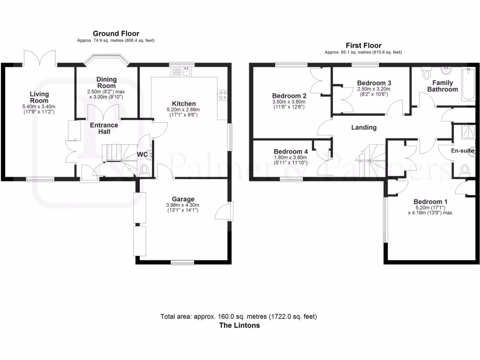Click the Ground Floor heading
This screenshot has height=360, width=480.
(x=116, y=33)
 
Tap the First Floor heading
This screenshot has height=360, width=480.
(x=363, y=45)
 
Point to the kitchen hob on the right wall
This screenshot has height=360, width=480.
(x=222, y=95)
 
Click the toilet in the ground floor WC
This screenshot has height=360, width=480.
(x=144, y=169)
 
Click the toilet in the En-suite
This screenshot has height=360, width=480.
(x=465, y=168)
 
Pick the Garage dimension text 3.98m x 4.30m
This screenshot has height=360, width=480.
(x=182, y=205)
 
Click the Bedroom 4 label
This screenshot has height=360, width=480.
(x=291, y=151)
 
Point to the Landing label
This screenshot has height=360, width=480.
(x=364, y=127)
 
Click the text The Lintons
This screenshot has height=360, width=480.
(x=239, y=325)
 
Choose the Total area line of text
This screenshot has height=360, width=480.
(x=239, y=316)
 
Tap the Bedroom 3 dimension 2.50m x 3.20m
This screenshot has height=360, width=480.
(x=374, y=89)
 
